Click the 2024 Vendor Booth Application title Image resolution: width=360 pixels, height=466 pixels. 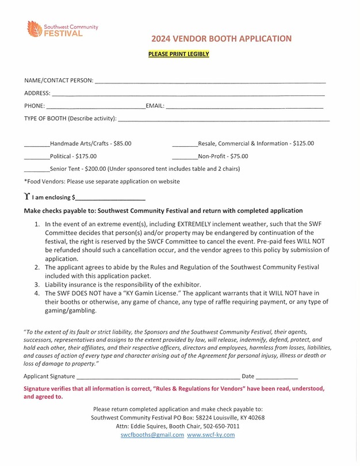tap(221, 39)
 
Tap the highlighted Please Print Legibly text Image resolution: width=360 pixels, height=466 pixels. tap(179, 55)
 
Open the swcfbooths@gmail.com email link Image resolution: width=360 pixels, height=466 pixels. tap(152, 435)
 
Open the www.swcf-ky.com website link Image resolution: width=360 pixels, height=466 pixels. tap(211, 435)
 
